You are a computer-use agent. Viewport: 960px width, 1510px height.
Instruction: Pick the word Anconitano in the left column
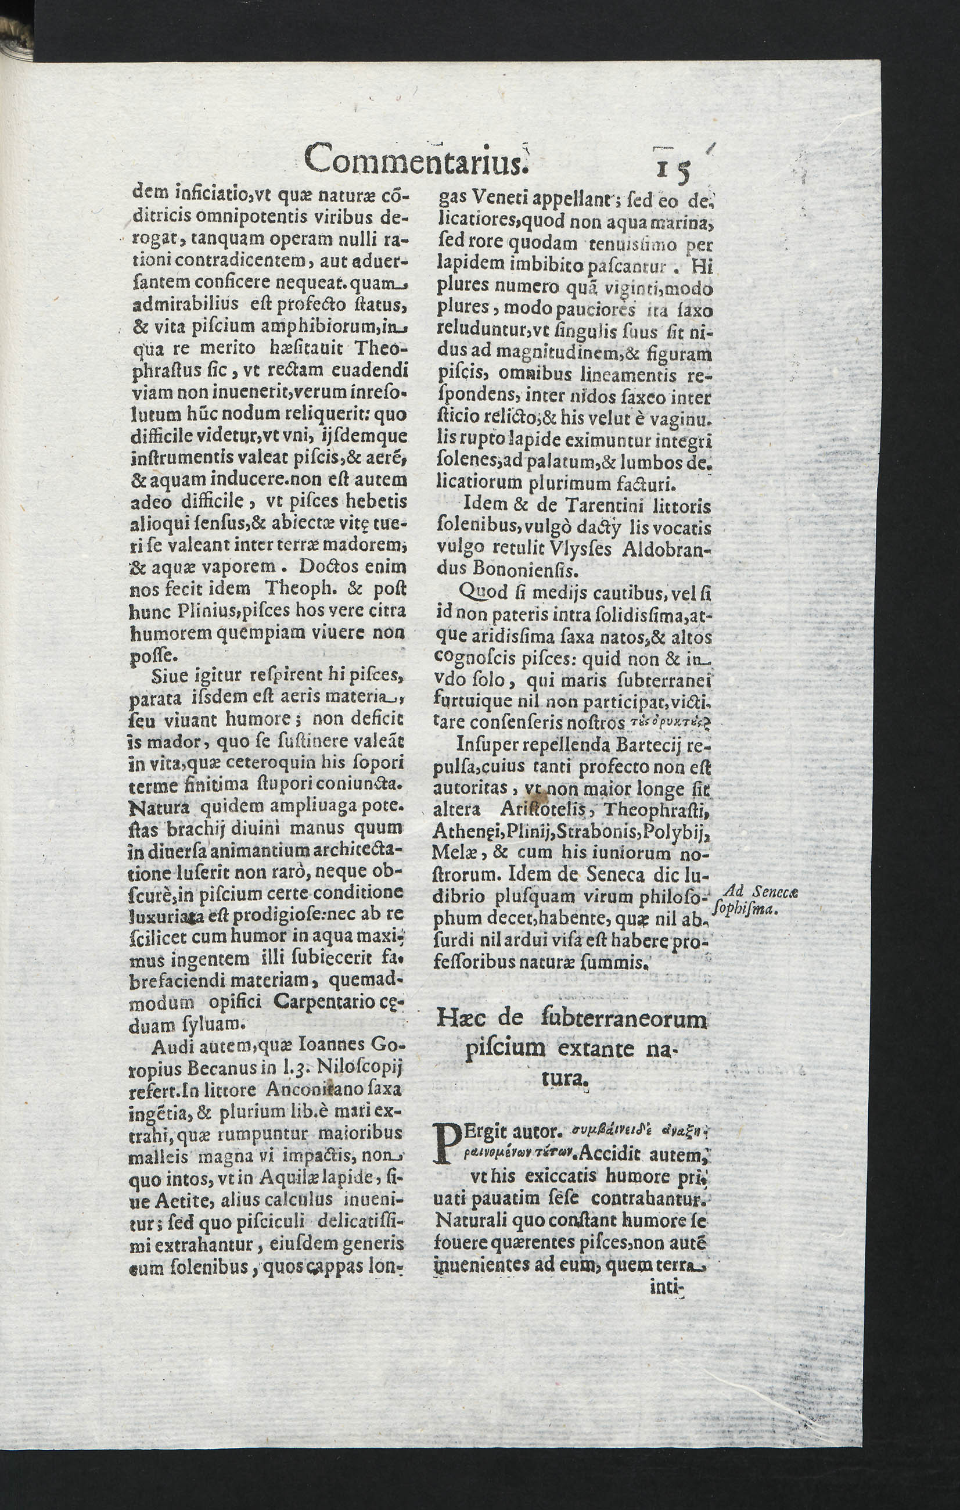315,1090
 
